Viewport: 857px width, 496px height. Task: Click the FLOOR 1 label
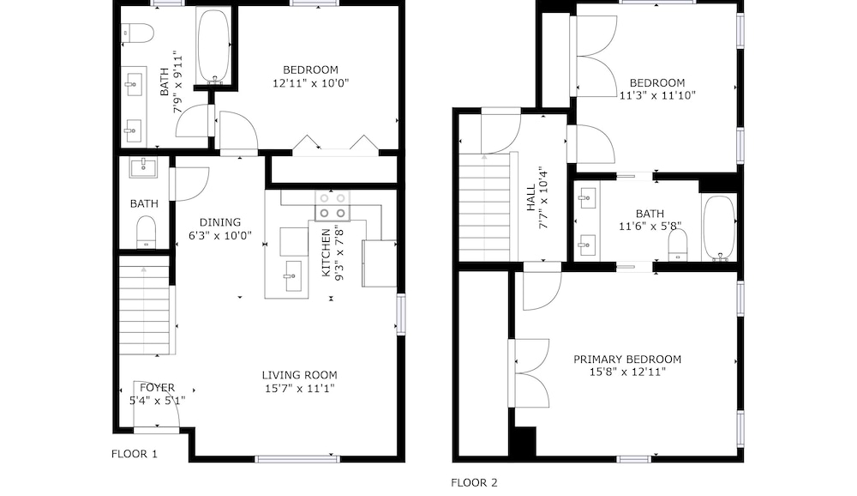click(134, 454)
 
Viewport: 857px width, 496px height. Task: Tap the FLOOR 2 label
click(474, 483)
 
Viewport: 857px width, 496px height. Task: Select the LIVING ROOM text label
click(299, 375)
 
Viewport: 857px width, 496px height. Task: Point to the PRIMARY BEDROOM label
click(627, 360)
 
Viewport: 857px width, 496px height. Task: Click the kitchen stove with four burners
click(333, 206)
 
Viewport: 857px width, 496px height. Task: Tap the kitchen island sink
click(293, 276)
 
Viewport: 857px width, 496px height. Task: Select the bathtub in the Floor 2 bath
click(719, 227)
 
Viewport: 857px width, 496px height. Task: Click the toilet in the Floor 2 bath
click(678, 245)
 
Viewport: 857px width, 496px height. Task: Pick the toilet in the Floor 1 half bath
click(146, 232)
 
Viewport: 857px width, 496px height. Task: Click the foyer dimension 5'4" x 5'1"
click(158, 401)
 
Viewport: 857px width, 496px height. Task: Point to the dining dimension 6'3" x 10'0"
click(219, 236)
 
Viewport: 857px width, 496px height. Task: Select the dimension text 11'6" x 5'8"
click(650, 226)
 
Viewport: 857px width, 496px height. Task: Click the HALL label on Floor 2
click(531, 197)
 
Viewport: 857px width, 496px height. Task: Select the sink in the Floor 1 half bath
click(143, 167)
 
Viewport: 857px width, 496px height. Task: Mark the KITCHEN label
click(326, 253)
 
